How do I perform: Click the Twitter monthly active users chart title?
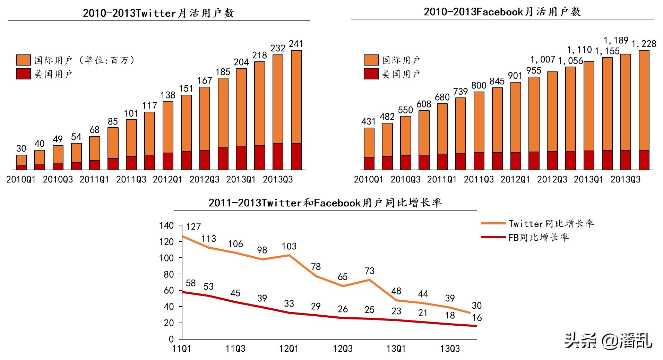(x=158, y=13)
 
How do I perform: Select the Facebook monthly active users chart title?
(x=502, y=12)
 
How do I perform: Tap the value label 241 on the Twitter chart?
(x=296, y=44)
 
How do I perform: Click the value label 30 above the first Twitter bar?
(x=21, y=148)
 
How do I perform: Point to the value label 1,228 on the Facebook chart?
(x=644, y=44)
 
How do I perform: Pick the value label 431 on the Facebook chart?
(x=368, y=121)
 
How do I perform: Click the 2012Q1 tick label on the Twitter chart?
(x=167, y=179)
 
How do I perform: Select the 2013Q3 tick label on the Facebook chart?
(x=625, y=179)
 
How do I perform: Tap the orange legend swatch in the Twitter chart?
(x=23, y=60)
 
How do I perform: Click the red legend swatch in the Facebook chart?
(x=371, y=74)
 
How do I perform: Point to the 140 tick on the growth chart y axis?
(x=166, y=225)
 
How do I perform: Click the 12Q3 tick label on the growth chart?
(x=343, y=349)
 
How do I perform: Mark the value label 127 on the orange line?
(x=193, y=227)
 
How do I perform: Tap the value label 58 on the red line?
(x=190, y=283)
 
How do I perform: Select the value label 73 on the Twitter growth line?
(x=370, y=271)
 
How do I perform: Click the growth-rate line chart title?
(x=325, y=203)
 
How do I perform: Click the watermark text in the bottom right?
(x=608, y=341)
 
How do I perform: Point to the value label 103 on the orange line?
(x=289, y=246)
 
